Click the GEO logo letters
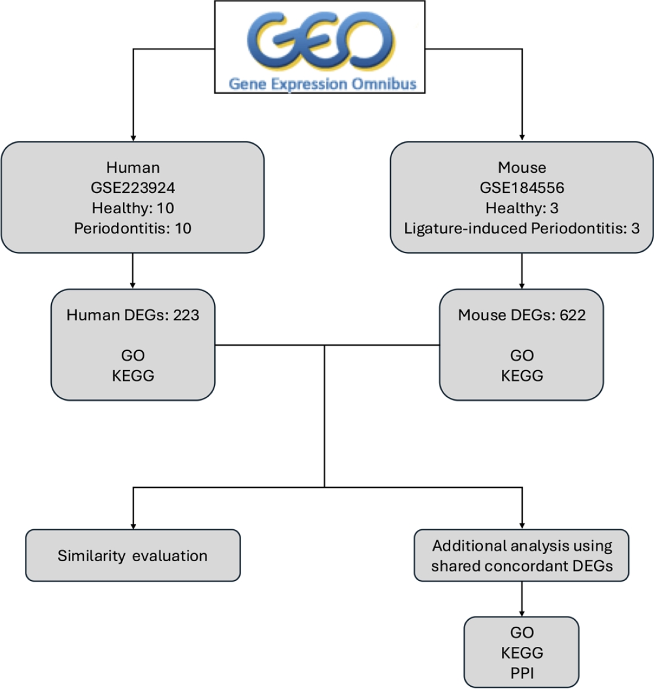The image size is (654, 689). [x=321, y=40]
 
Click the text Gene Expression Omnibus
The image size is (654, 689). [x=323, y=84]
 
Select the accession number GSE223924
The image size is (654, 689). [x=132, y=188]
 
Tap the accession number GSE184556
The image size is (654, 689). [x=522, y=188]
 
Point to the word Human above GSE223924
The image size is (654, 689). [x=132, y=167]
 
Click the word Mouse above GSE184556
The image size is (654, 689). [x=522, y=167]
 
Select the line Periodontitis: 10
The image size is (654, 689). [x=132, y=228]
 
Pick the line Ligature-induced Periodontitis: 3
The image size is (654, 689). [x=522, y=228]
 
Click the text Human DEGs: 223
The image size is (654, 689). [x=132, y=315]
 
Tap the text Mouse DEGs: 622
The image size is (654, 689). [x=522, y=315]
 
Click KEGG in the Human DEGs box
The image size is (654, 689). [x=132, y=375]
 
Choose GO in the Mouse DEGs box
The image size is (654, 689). [x=522, y=355]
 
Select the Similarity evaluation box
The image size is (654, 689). [x=132, y=555]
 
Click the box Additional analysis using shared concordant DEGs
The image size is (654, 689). [x=522, y=555]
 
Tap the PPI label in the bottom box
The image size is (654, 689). [x=522, y=673]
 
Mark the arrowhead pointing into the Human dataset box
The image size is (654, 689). [x=132, y=137]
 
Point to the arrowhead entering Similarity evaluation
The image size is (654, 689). [x=133, y=525]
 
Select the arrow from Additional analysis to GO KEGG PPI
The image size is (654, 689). [x=522, y=599]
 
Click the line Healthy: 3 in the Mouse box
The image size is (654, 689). [x=522, y=208]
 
